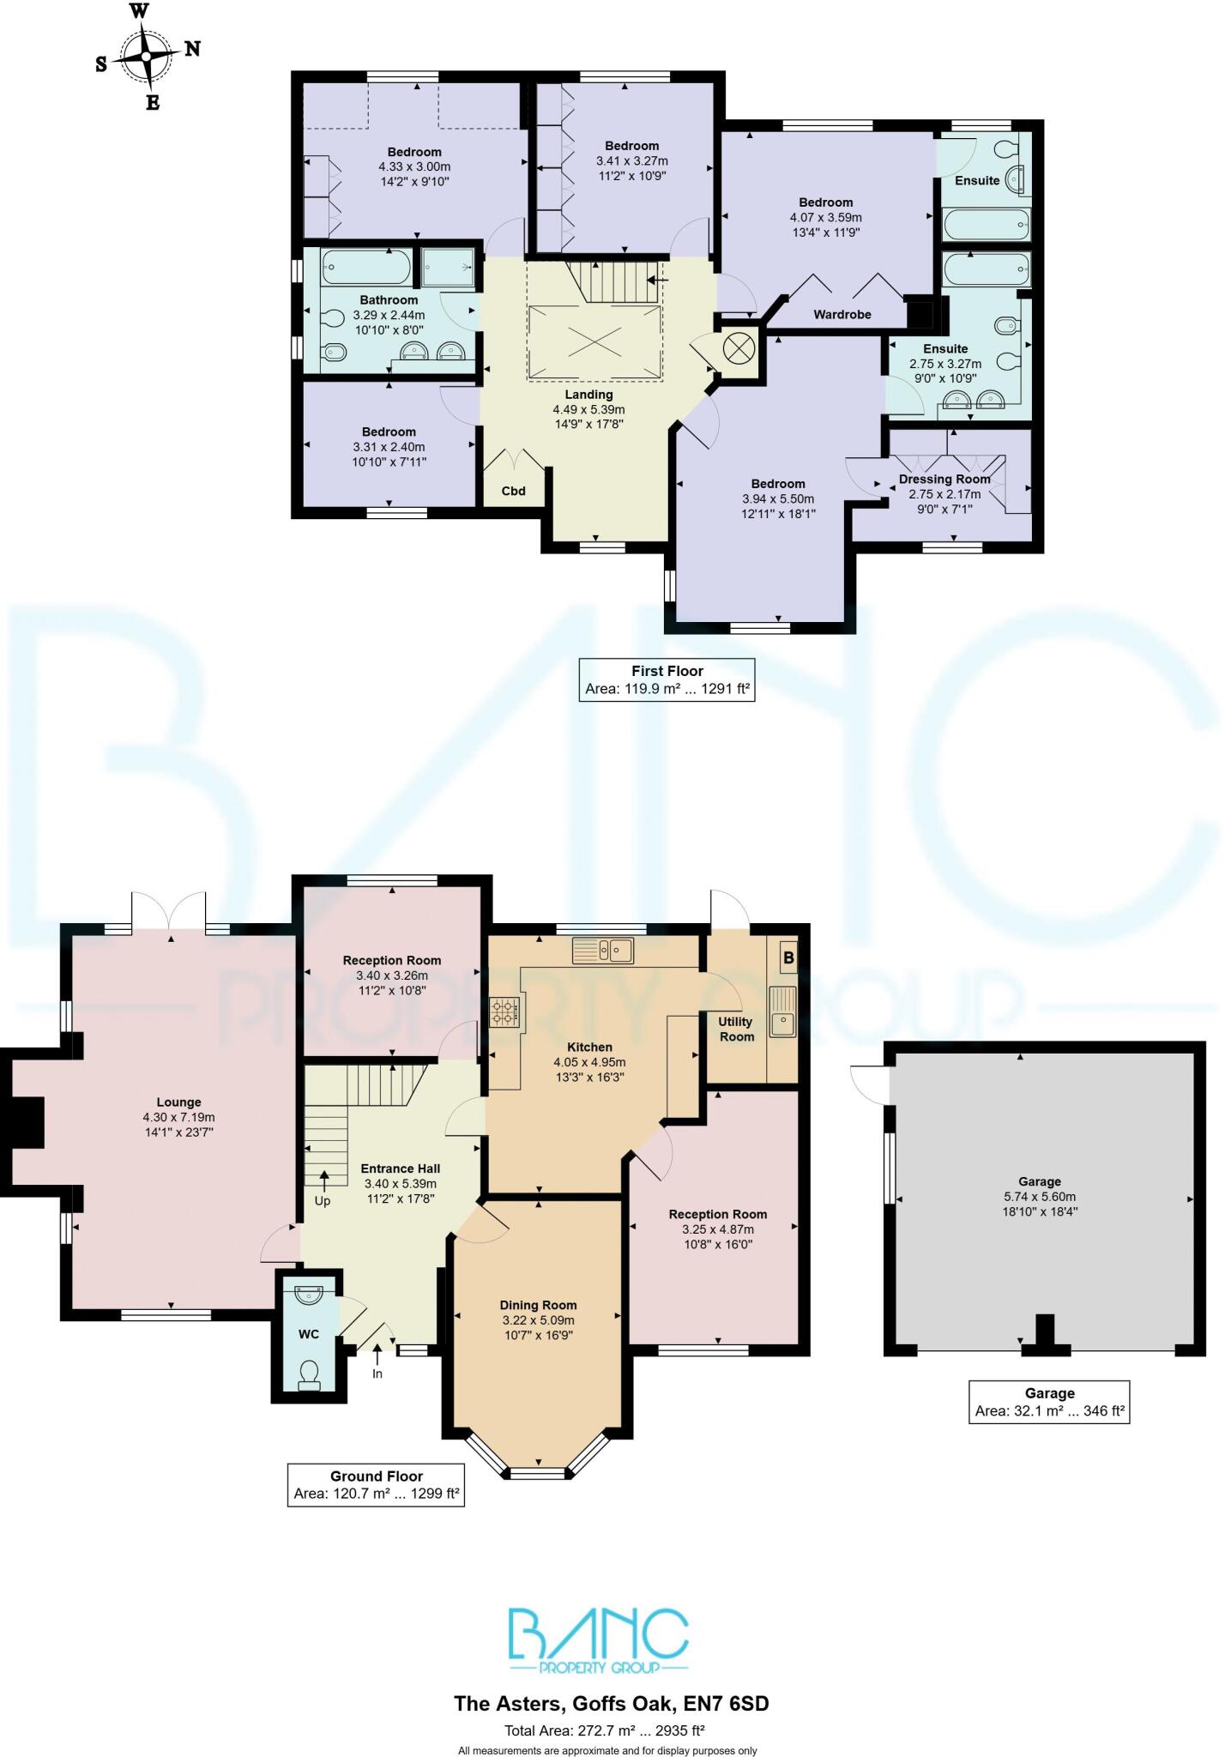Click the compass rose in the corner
point(147,56)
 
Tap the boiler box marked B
point(788,957)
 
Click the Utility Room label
point(736,1029)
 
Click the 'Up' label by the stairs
point(323,1200)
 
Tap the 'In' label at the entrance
point(377,1374)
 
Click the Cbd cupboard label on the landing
point(513,491)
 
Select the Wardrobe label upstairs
point(842,315)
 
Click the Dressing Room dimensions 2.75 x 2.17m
point(944,494)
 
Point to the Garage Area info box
point(1049,1402)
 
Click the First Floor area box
point(667,679)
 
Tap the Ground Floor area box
point(377,1485)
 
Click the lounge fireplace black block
point(25,1122)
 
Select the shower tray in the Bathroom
point(448,266)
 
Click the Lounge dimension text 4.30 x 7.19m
point(178,1117)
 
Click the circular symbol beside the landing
point(736,347)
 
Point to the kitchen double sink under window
point(604,950)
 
